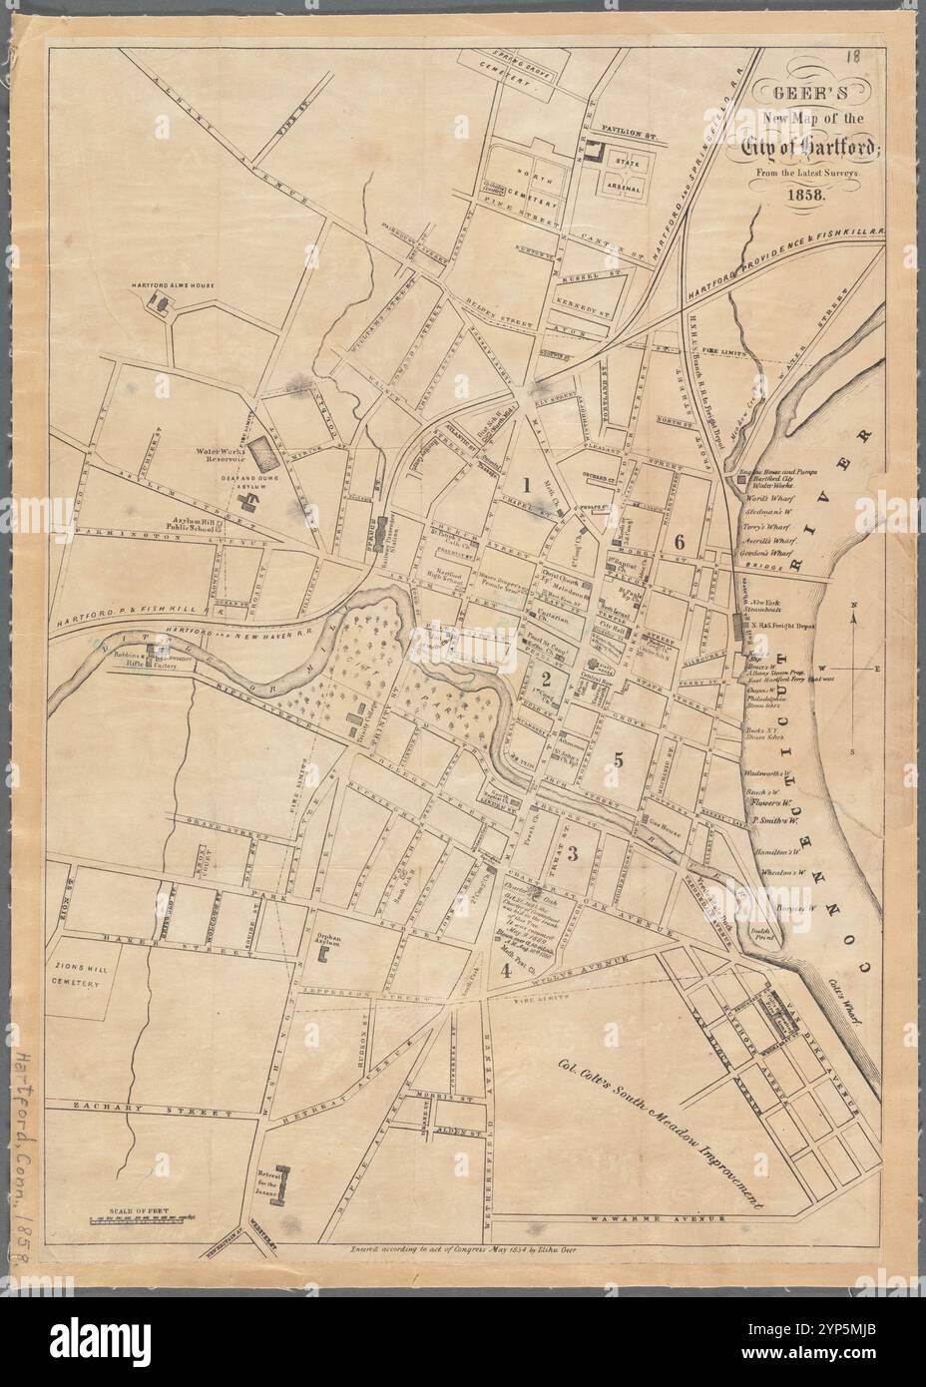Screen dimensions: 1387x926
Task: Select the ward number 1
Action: coord(525,486)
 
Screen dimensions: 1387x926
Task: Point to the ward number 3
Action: coord(573,853)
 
